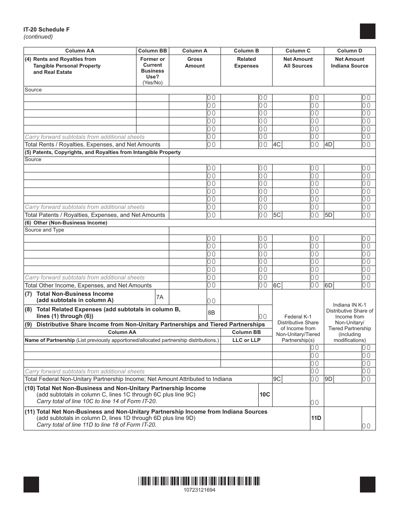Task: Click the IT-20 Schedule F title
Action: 47,29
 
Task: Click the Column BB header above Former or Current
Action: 152,51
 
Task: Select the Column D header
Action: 349,51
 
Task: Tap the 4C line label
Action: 277,145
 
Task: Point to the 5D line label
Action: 328,215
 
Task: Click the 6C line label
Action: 277,286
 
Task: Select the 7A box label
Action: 160,297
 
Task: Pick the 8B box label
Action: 211,313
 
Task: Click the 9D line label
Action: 328,379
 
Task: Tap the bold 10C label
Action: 265,395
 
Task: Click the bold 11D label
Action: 316,418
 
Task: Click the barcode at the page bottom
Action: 199,481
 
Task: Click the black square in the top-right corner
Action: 367,31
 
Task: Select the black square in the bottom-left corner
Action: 31,485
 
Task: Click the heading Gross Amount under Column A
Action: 195,63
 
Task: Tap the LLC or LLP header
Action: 247,340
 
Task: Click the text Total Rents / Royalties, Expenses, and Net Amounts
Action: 93,145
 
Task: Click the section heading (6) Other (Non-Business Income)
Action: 66,223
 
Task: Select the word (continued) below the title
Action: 38,36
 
